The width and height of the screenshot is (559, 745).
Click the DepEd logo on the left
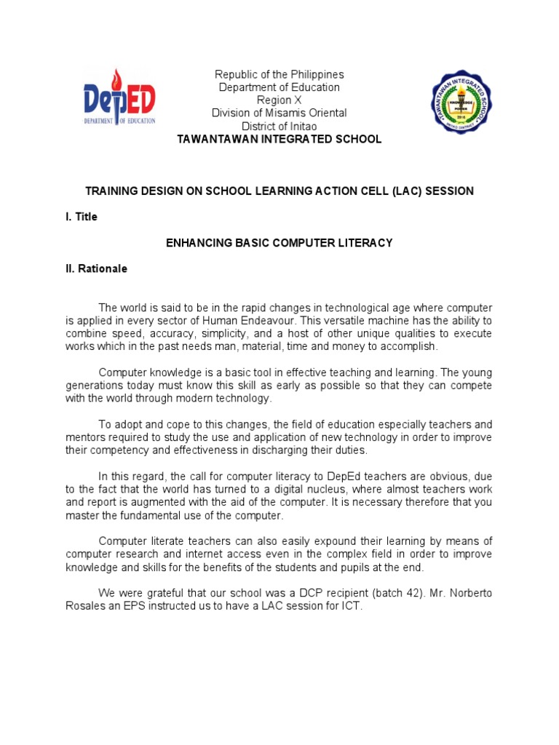(119, 99)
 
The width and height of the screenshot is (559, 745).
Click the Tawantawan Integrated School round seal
(451, 101)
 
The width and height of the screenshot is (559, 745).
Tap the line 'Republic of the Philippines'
(279, 75)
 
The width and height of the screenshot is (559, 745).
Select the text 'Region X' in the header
(279, 100)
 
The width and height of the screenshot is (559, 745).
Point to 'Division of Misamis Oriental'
(279, 113)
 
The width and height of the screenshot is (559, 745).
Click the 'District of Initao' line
(279, 126)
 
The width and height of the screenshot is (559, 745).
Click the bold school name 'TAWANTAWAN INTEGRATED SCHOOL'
(279, 139)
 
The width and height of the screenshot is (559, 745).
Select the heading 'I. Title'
(81, 217)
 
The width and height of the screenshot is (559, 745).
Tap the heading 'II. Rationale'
(96, 268)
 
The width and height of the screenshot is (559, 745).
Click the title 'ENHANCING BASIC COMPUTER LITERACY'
(279, 243)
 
